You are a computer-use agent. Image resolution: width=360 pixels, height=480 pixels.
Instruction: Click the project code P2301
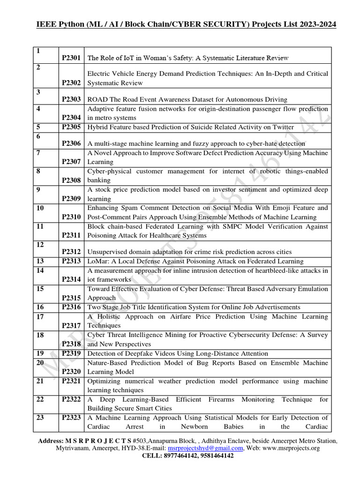(71, 58)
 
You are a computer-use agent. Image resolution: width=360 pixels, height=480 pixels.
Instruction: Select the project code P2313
(71, 261)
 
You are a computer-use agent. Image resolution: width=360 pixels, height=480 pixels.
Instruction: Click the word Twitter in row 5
(283, 127)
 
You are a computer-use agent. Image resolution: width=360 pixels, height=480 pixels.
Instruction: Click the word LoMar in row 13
(97, 261)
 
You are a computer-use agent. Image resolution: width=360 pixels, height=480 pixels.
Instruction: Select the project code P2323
(71, 418)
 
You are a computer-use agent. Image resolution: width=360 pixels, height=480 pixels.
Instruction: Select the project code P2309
(71, 199)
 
